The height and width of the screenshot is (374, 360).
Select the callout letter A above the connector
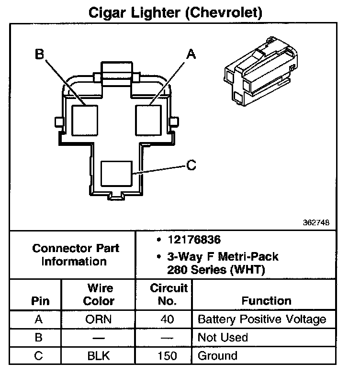pos(191,55)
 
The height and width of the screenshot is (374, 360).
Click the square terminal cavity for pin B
pos(85,119)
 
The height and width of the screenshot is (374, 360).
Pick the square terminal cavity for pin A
pos(150,119)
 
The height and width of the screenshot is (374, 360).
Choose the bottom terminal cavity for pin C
pos(117,175)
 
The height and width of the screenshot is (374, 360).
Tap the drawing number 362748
pos(316,222)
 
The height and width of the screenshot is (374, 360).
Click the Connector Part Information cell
pos(76,255)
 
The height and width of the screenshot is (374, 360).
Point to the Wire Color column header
pos(99,295)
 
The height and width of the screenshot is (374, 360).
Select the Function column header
pos(266,301)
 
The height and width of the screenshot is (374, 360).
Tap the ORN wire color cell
pos(99,319)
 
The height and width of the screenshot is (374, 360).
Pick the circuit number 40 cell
pos(168,319)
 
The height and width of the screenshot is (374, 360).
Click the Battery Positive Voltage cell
pos(262,319)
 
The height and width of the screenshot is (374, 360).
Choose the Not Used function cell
pos(223,338)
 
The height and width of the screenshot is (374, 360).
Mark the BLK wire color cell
pos(99,356)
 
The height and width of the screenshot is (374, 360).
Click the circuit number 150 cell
pos(168,356)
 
